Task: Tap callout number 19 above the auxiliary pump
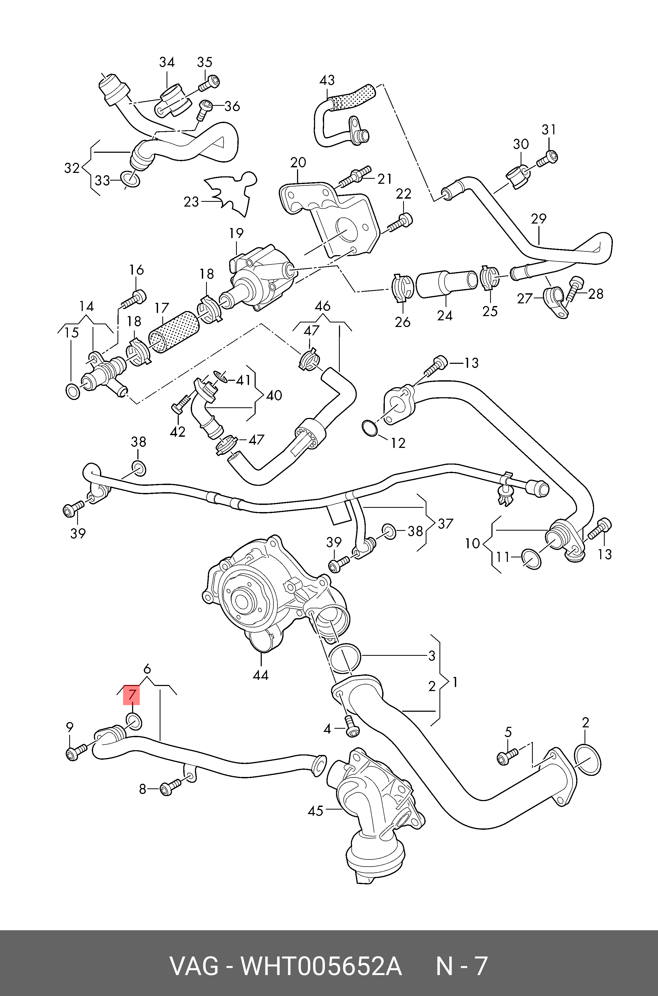(236, 233)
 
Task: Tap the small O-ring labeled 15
(73, 391)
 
